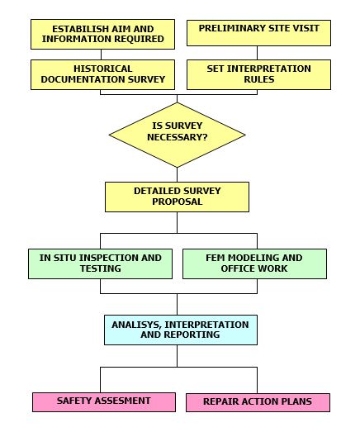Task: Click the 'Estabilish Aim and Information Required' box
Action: pos(102,34)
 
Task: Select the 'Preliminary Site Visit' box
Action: pos(258,33)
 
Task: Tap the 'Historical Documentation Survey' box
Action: pos(102,74)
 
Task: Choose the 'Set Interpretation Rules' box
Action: pos(258,74)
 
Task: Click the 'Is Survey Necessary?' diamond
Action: pos(177,135)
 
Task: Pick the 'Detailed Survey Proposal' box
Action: pos(177,197)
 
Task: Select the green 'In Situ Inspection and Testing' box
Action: pos(100,264)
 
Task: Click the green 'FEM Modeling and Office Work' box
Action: pos(254,264)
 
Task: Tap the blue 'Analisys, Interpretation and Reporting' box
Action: pos(181,330)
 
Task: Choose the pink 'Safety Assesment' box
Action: pos(104,402)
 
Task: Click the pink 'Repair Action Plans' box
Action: pos(258,402)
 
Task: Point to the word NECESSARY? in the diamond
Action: pos(177,137)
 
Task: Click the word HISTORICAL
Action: pos(102,69)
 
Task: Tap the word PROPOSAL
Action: pos(177,202)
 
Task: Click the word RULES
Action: pos(259,79)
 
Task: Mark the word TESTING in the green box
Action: pos(101,268)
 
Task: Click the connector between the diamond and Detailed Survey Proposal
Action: pos(177,174)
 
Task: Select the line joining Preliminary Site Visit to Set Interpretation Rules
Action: pos(258,53)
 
